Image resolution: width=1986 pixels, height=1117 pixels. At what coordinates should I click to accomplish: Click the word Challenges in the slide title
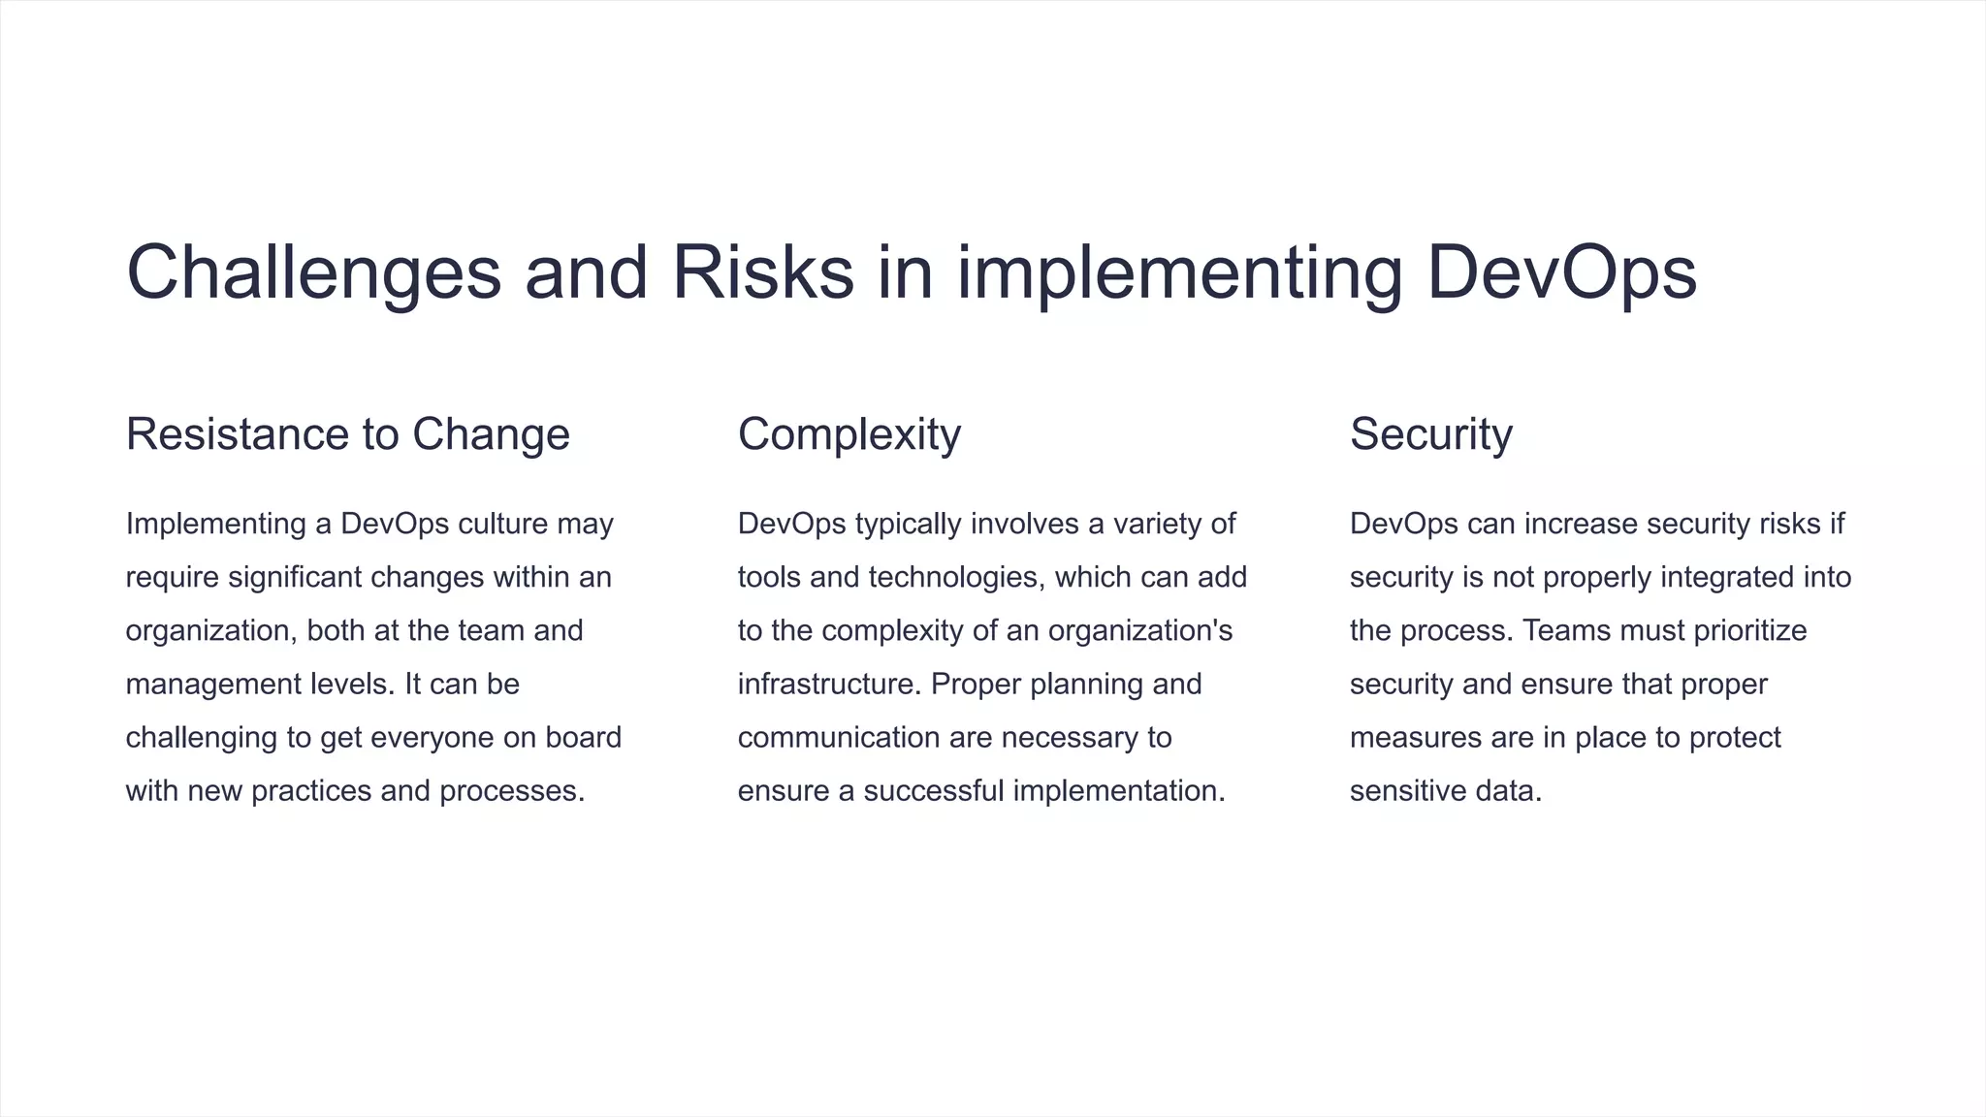(x=313, y=273)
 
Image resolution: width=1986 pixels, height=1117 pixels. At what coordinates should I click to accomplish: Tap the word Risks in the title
(x=762, y=273)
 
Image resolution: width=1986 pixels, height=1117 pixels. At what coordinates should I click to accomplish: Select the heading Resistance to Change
(x=347, y=434)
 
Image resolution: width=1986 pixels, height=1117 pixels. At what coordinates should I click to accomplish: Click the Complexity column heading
(x=849, y=434)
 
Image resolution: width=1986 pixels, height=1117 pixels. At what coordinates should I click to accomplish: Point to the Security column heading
(x=1430, y=434)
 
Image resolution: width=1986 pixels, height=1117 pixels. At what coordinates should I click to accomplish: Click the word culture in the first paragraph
(x=502, y=524)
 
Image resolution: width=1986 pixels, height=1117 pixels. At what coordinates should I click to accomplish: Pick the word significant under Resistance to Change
(x=295, y=578)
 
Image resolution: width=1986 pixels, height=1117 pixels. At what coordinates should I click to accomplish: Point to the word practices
(x=311, y=791)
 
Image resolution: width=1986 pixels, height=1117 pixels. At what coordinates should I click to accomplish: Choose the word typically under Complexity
(x=908, y=524)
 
